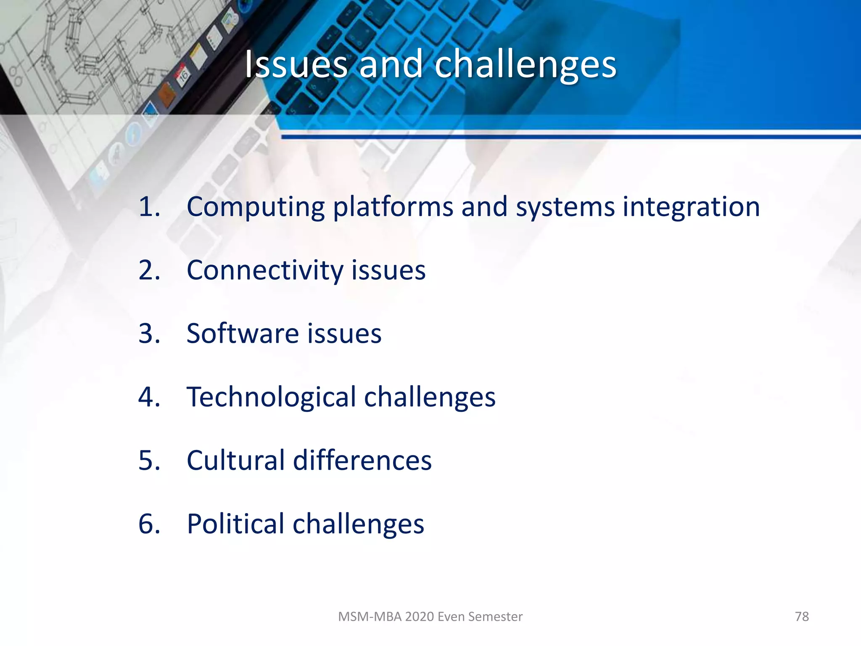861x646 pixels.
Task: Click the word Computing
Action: point(255,207)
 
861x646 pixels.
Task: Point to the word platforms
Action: point(393,207)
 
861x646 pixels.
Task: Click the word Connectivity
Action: point(265,270)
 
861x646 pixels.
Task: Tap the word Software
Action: point(242,334)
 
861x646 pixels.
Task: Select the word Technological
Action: point(271,397)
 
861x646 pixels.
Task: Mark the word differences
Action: point(362,460)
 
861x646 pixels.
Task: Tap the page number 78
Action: point(802,617)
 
